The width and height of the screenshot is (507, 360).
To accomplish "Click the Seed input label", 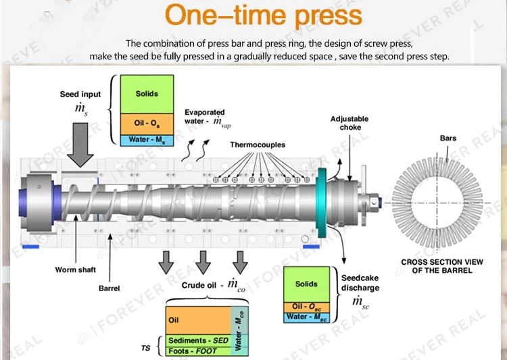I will (x=80, y=95).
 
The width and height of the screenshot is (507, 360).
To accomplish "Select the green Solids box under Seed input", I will (x=146, y=94).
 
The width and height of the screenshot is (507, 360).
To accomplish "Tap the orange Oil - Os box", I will (x=146, y=124).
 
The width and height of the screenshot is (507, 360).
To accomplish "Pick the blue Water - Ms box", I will (x=146, y=140).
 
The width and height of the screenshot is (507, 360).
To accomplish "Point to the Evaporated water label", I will (x=205, y=117).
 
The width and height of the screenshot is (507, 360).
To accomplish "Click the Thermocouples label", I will (x=258, y=145).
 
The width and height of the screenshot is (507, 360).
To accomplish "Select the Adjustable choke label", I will (x=349, y=123).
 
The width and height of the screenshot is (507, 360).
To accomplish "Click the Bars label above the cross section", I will (x=448, y=138).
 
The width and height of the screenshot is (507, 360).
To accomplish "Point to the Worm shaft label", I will (x=75, y=270).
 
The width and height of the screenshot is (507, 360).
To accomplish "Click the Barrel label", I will (x=109, y=288).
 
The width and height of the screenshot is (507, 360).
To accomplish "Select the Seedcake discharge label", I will (x=360, y=283).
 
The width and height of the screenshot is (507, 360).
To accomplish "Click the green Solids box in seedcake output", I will (x=306, y=284).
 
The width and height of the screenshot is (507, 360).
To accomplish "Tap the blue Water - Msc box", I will (x=306, y=317).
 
